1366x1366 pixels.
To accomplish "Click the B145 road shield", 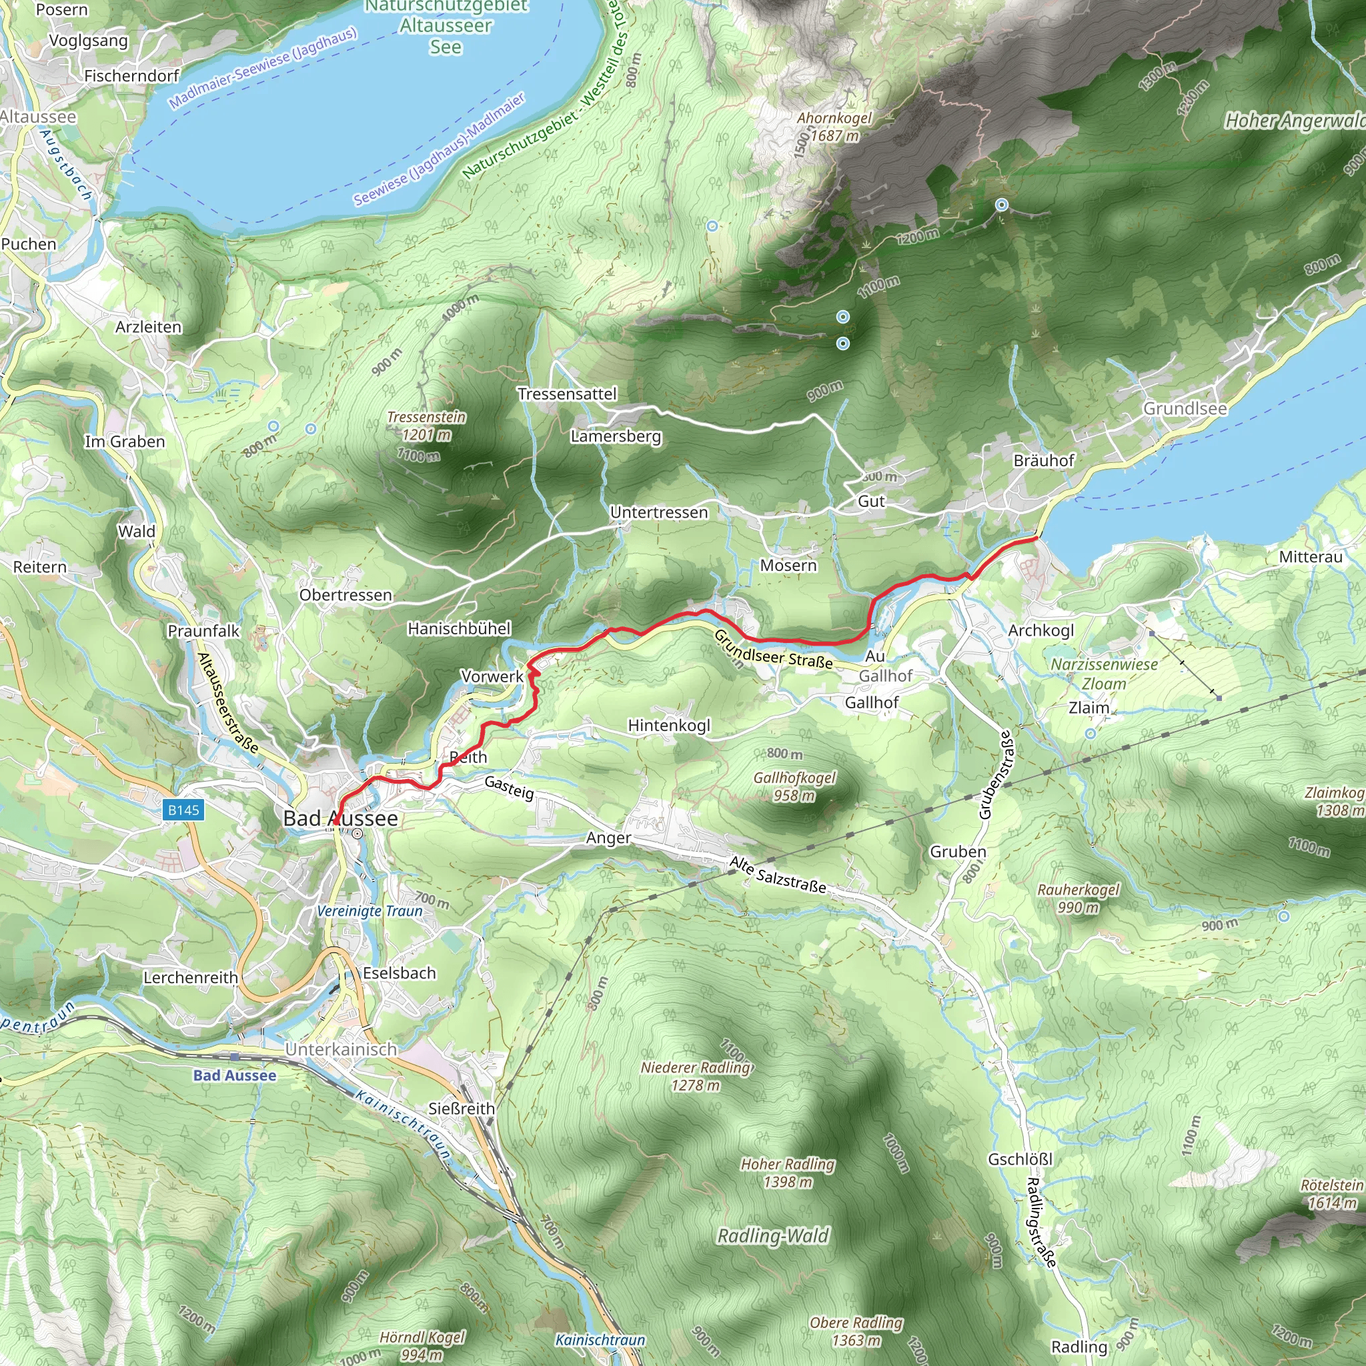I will (184, 810).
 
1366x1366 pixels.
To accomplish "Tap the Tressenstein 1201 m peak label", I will (426, 426).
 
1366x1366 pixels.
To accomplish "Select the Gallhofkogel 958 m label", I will (794, 786).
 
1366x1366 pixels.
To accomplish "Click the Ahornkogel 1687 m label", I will (834, 127).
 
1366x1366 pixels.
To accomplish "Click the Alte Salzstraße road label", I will (778, 874).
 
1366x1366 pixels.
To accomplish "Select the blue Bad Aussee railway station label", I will (235, 1075).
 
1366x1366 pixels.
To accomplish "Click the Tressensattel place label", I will (567, 394).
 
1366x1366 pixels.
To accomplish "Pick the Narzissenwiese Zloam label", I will (1104, 674).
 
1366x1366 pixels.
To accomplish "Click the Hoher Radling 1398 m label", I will (788, 1173).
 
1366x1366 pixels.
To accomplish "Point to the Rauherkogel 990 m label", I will (1079, 898).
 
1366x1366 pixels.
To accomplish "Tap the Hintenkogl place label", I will (669, 726).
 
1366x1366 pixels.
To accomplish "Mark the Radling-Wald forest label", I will (773, 1236).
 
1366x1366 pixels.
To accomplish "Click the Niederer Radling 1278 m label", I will (696, 1075).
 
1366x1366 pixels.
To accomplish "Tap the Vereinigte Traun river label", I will (369, 910).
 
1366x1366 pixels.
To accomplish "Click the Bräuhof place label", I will (1043, 460).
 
